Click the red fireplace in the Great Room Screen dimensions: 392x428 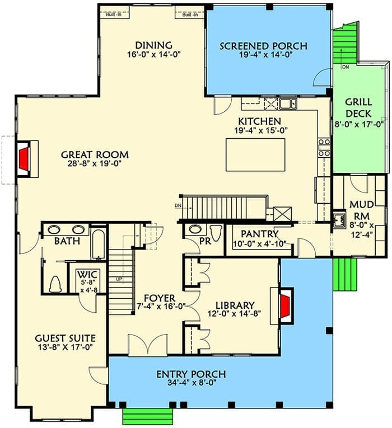(24, 159)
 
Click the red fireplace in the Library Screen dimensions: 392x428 (286, 306)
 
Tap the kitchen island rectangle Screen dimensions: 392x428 (255, 155)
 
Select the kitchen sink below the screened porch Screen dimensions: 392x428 (288, 104)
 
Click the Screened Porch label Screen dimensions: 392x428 (263, 46)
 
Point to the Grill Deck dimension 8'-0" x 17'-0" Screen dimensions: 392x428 (359, 124)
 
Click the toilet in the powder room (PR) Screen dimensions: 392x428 (216, 233)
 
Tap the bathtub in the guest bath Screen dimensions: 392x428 (98, 244)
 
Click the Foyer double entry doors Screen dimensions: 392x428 (147, 345)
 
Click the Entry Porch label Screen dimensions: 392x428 (191, 374)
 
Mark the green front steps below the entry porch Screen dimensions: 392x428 (148, 417)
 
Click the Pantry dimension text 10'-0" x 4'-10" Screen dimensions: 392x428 (259, 244)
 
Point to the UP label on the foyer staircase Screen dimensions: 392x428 (119, 279)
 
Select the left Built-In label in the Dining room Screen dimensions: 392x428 (113, 15)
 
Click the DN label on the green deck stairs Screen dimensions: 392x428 (346, 67)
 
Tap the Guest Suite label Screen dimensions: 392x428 (66, 338)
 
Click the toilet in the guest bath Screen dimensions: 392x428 (55, 284)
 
